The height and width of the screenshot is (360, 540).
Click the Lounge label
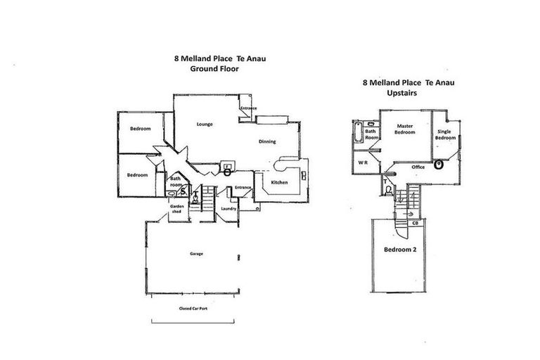click(x=205, y=124)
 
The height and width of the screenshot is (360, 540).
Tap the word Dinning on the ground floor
click(x=267, y=142)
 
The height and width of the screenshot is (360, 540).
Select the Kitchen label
click(x=280, y=183)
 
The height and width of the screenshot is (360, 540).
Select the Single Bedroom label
click(x=444, y=135)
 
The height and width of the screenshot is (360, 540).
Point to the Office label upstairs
click(x=418, y=167)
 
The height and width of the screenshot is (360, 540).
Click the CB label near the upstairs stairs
click(x=416, y=223)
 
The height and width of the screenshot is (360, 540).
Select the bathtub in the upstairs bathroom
click(x=356, y=131)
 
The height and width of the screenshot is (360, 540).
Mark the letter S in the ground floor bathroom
click(x=183, y=190)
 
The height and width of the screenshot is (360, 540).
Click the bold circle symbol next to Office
click(x=439, y=167)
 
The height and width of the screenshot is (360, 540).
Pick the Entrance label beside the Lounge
click(x=248, y=108)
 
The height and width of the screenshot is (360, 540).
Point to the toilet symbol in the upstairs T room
click(x=388, y=188)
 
